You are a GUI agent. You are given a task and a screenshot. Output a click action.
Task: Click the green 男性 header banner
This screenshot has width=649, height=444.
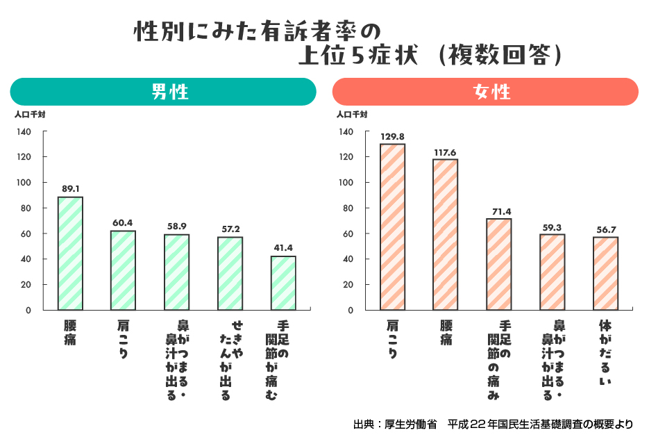[x=163, y=92]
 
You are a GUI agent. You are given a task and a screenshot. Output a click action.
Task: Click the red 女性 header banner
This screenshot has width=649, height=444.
[x=485, y=92]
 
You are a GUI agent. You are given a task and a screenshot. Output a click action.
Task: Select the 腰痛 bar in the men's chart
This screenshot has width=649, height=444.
[x=70, y=254]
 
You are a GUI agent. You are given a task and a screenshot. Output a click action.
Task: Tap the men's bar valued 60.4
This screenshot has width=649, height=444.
[x=124, y=270]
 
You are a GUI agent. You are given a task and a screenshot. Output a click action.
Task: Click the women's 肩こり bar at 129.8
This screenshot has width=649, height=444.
[x=392, y=227]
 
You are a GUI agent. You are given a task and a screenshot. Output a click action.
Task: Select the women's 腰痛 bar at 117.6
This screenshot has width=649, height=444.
[x=446, y=234]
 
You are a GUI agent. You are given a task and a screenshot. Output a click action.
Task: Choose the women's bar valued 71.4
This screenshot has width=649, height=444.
[x=499, y=264]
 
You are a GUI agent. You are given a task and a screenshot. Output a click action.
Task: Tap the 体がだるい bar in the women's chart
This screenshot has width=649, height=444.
[x=605, y=273]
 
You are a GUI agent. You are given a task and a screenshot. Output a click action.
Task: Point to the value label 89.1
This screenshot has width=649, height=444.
[x=70, y=188]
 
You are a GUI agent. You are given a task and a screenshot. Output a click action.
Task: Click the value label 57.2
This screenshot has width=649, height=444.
[x=230, y=228]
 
